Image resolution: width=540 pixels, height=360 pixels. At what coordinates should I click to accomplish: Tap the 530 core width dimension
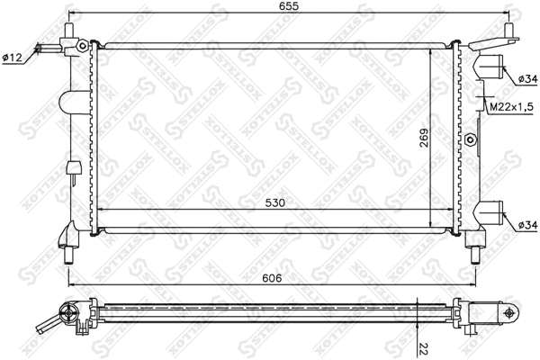pyautogui.click(x=276, y=203)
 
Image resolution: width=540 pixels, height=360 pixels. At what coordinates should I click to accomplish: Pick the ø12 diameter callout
pyautogui.click(x=13, y=58)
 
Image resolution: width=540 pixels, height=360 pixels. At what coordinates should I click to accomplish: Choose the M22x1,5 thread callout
pyautogui.click(x=508, y=109)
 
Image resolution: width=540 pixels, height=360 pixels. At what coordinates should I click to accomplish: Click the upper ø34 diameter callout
pyautogui.click(x=527, y=80)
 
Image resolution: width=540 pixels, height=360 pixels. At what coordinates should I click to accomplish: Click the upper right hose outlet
pyautogui.click(x=490, y=68)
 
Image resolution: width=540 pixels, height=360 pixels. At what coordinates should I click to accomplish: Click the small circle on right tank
pyautogui.click(x=471, y=139)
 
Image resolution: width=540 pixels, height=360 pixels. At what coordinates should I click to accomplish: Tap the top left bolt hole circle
pyautogui.click(x=83, y=45)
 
